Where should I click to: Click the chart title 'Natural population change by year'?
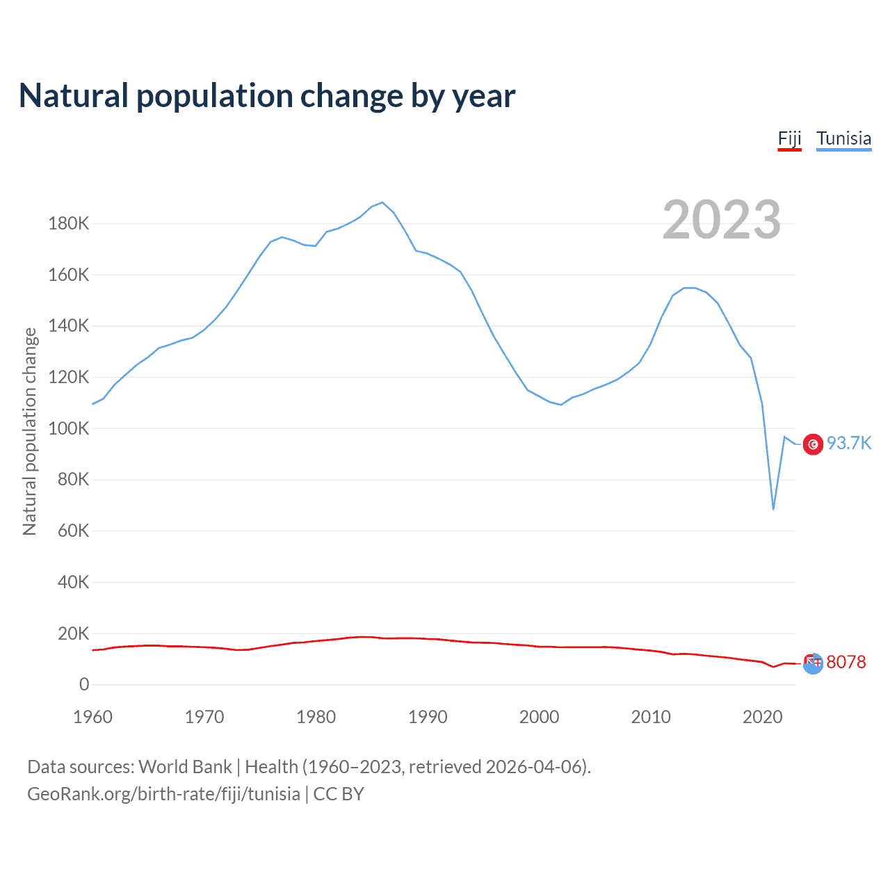click(x=267, y=96)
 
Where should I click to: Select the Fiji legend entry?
click(x=789, y=138)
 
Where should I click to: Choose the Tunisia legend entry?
click(x=843, y=138)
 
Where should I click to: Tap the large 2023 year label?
click(x=721, y=220)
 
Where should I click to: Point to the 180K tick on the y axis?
click(x=69, y=224)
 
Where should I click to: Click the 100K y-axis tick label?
click(x=69, y=428)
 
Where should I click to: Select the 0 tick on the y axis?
click(x=84, y=684)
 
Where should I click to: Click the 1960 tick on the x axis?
click(x=92, y=717)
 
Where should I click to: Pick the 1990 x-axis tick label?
click(x=428, y=717)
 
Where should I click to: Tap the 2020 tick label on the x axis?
click(x=763, y=717)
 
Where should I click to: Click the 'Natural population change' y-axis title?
click(x=30, y=431)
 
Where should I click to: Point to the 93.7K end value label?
click(x=848, y=444)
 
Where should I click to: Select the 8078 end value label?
click(x=846, y=662)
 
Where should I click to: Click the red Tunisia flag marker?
click(x=813, y=444)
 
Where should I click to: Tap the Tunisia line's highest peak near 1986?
click(x=382, y=202)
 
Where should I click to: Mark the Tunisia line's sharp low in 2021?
click(x=773, y=509)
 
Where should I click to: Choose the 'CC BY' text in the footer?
click(x=339, y=794)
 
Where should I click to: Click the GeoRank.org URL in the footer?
click(x=163, y=794)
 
